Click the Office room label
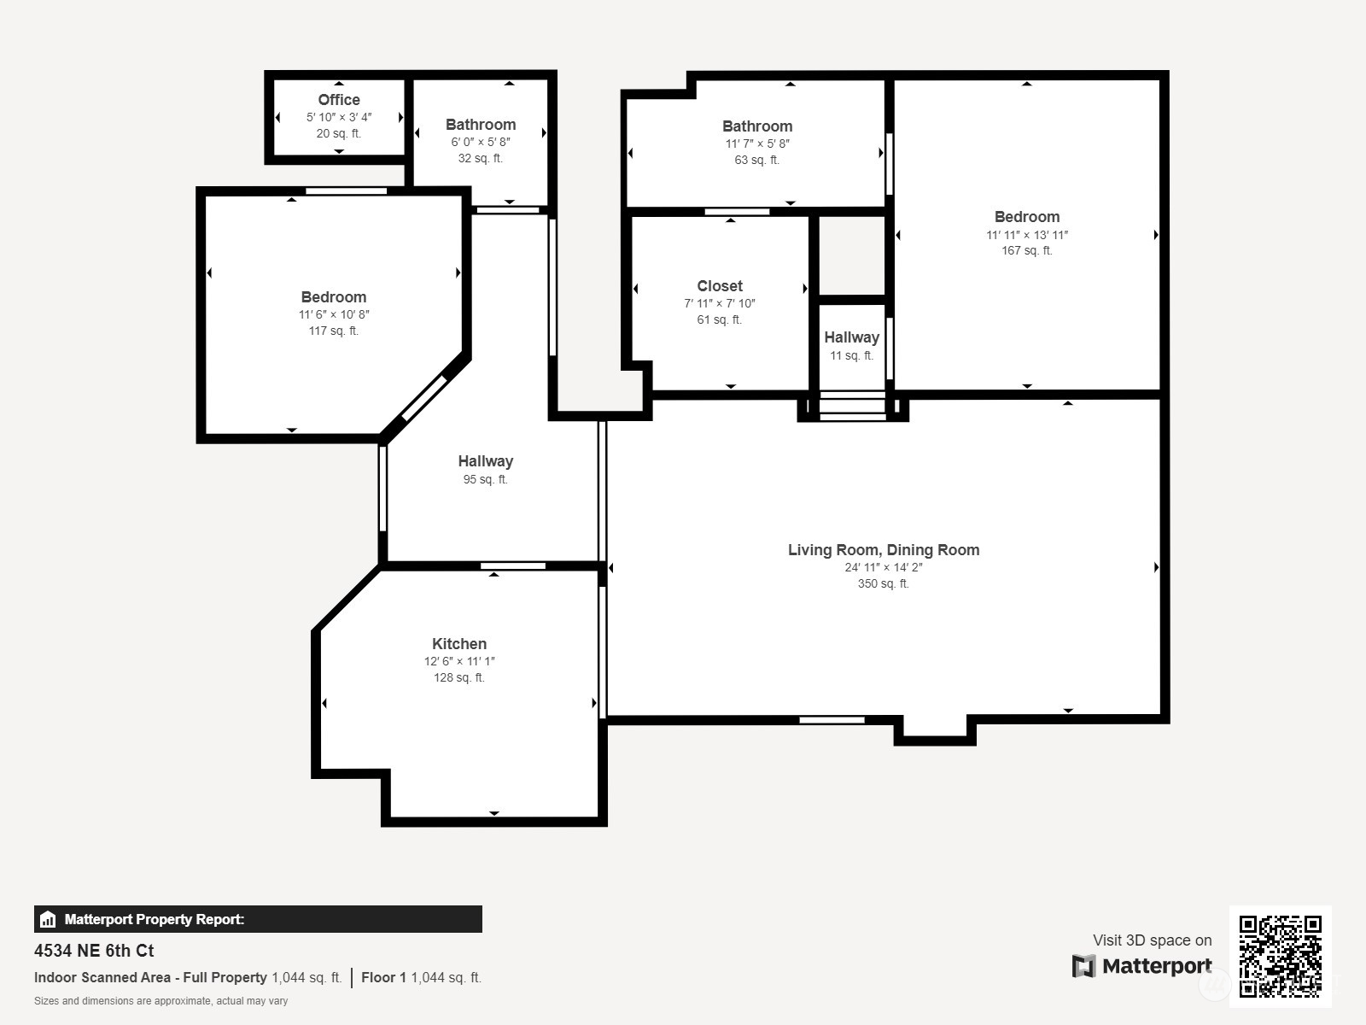coord(339,100)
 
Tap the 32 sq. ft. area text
coord(480,158)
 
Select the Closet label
coord(720,286)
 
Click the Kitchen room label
coord(459,644)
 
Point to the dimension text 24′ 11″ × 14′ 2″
coord(884,567)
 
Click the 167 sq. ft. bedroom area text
coord(1026,250)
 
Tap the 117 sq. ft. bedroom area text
coord(333,331)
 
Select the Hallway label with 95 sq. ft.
coord(485,461)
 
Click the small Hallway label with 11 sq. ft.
coord(851,337)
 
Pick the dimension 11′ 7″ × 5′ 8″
coord(757,143)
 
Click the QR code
coord(1280,956)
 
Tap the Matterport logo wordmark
coord(1142,966)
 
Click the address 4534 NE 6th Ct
coord(94,951)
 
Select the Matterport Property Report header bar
coord(258,919)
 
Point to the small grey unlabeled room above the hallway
coord(852,255)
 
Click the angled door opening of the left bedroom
coord(424,398)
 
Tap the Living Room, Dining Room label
coord(884,550)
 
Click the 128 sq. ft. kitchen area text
coord(458,677)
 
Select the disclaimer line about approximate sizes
coord(161,1001)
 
